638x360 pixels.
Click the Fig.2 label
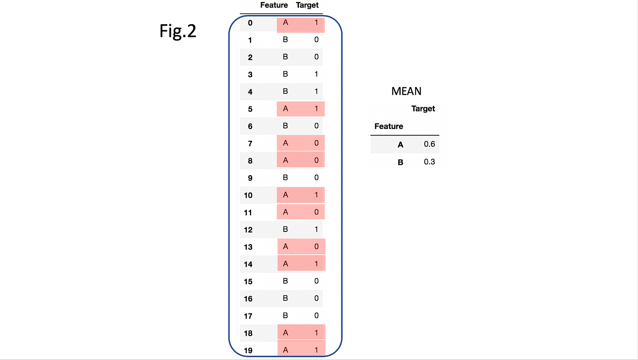click(178, 31)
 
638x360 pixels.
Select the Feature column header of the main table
click(274, 5)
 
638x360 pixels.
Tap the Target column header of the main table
click(307, 5)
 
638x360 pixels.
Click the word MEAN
click(406, 91)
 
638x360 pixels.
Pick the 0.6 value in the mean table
click(429, 144)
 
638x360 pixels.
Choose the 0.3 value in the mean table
click(429, 162)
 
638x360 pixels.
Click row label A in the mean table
click(401, 144)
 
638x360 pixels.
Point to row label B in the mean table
click(401, 162)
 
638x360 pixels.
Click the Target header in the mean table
click(423, 108)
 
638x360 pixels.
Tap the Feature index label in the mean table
click(389, 126)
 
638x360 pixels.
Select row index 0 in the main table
click(250, 23)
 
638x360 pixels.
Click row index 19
click(248, 350)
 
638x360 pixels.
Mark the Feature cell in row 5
click(286, 109)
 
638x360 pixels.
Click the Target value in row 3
click(316, 74)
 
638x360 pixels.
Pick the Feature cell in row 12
click(286, 230)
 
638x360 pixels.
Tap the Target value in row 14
click(316, 264)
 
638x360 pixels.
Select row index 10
click(248, 195)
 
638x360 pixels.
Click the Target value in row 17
click(316, 316)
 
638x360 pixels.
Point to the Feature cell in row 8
click(286, 160)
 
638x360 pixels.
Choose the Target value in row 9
click(316, 178)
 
